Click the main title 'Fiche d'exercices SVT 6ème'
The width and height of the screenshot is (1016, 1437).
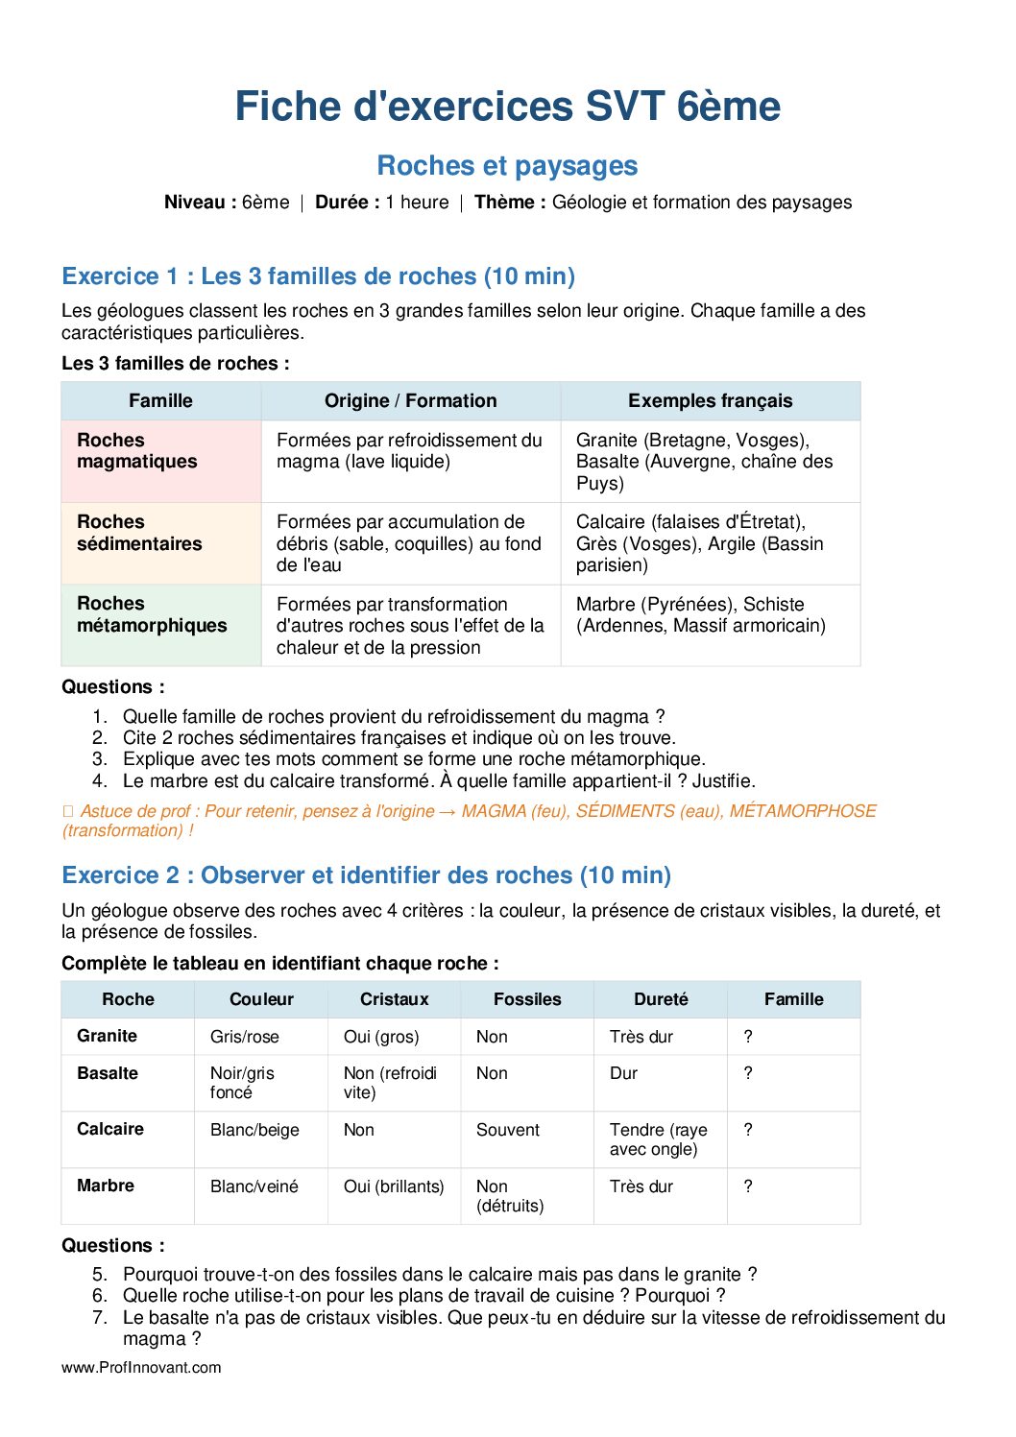[507, 107]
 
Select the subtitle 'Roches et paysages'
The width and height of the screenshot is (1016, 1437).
[507, 166]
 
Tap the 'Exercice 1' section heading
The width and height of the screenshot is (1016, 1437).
[318, 276]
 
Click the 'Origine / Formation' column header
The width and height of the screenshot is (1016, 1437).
[410, 401]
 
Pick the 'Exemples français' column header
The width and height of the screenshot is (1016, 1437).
[710, 401]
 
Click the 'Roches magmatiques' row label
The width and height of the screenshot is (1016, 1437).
[136, 451]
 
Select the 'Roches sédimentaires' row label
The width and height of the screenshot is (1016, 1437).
[139, 533]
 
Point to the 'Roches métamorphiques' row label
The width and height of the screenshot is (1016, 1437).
[152, 614]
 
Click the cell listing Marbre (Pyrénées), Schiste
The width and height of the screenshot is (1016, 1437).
[700, 615]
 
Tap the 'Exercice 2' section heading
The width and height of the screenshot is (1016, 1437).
[366, 875]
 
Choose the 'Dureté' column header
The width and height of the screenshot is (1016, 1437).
[661, 999]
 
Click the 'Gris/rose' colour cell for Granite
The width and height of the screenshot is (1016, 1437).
[245, 1037]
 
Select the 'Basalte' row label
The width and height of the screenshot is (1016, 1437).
[108, 1073]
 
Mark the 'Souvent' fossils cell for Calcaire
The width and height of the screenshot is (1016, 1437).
[508, 1130]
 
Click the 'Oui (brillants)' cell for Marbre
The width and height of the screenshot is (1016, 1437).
[394, 1186]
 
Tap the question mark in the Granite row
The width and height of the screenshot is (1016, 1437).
[748, 1037]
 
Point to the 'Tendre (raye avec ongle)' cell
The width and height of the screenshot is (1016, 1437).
[658, 1139]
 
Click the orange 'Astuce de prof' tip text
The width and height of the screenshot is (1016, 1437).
[469, 821]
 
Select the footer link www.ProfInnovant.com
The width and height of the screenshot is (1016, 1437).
[141, 1367]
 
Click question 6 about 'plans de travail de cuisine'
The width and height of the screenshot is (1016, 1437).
[423, 1296]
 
